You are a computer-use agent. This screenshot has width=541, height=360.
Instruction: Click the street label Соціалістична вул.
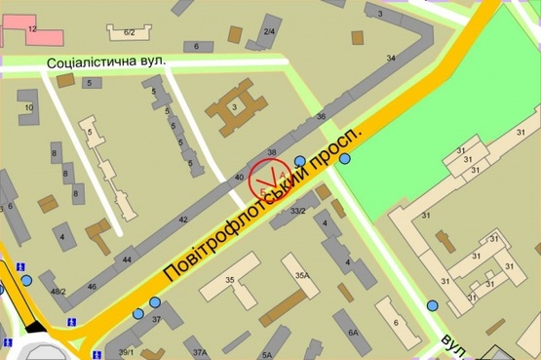(108, 61)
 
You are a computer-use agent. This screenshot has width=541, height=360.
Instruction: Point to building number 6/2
(130, 33)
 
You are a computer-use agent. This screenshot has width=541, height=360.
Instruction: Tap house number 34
(391, 60)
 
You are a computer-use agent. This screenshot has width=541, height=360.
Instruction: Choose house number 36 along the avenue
(322, 117)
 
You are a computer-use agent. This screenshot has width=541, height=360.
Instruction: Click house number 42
(182, 220)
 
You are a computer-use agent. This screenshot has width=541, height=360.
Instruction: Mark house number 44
(127, 260)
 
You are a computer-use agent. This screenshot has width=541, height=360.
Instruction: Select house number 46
(92, 286)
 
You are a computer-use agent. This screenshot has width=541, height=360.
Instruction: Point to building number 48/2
(58, 292)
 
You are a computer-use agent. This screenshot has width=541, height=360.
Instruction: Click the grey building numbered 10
(29, 107)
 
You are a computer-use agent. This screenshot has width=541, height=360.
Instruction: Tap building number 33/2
(298, 211)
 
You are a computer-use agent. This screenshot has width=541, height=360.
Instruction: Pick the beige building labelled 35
(230, 282)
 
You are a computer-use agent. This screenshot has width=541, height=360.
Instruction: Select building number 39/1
(126, 351)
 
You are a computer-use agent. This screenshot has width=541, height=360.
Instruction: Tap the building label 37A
(200, 351)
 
